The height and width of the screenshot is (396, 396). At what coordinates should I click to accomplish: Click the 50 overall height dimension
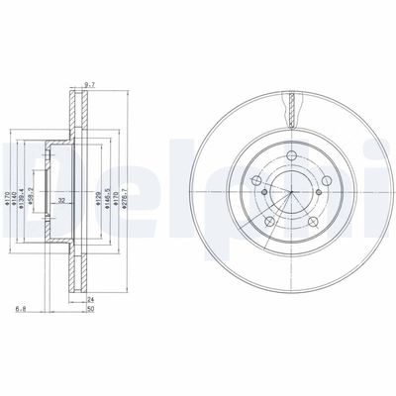(x=90, y=310)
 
